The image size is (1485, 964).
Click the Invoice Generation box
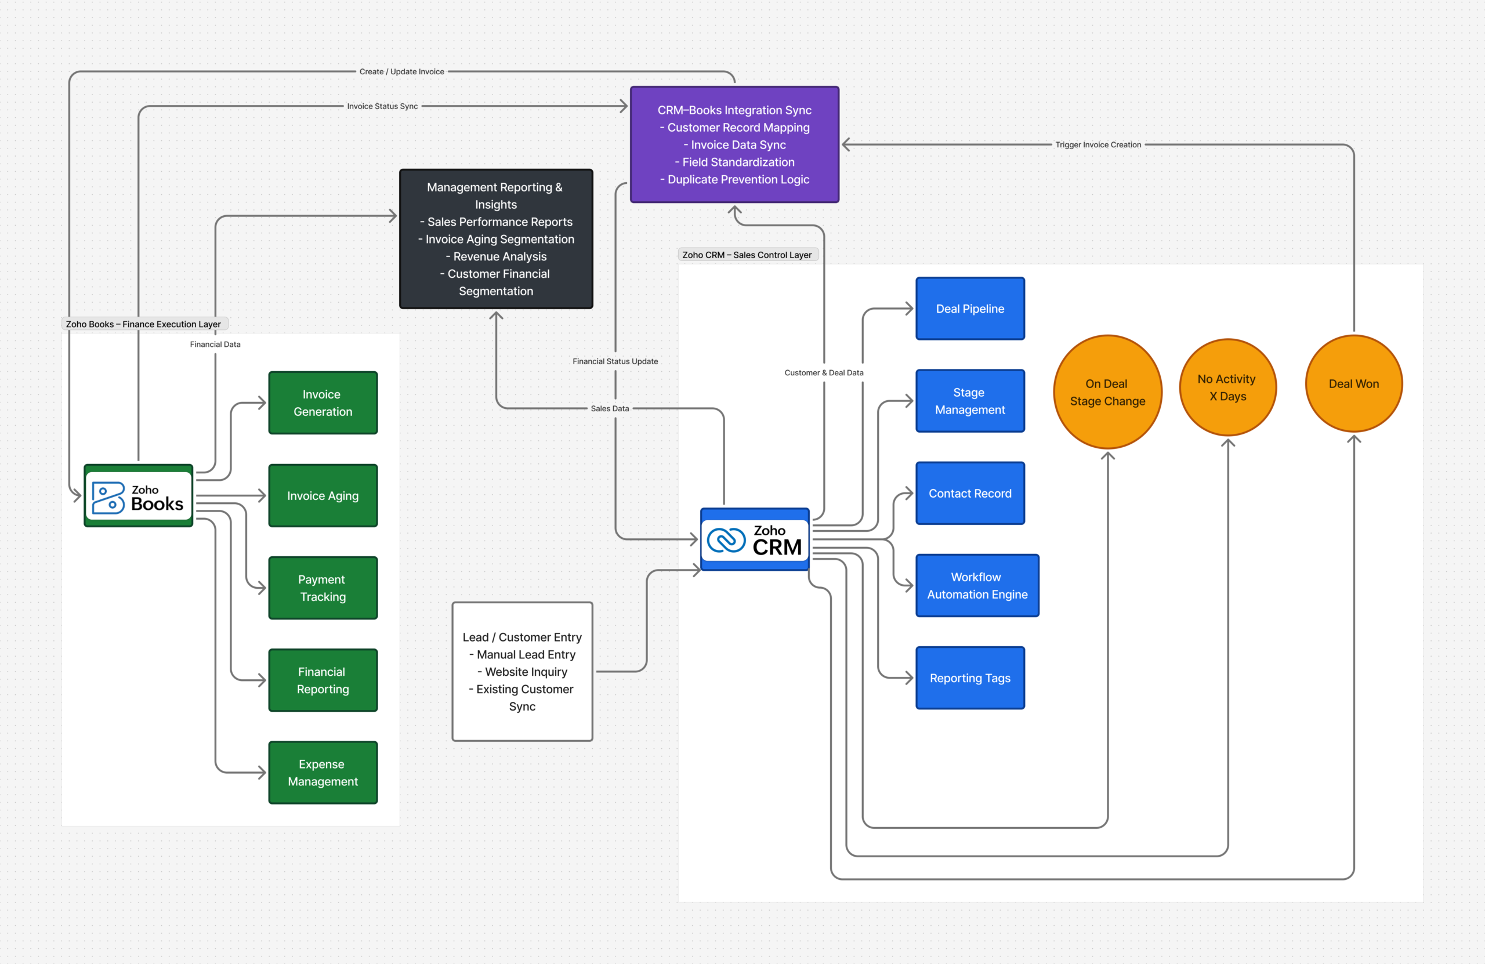click(x=323, y=403)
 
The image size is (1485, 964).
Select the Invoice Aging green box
click(x=323, y=495)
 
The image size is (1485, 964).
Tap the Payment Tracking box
click(x=323, y=588)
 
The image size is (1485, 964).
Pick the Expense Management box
click(x=323, y=773)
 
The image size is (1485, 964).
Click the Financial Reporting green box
click(x=323, y=680)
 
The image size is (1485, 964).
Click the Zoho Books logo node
click(x=138, y=496)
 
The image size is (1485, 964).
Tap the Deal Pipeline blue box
click(x=970, y=309)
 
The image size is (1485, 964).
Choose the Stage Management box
click(x=970, y=401)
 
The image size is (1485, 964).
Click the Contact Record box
click(x=970, y=493)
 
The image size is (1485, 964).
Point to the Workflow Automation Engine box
click(x=976, y=585)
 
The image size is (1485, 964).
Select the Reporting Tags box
click(x=970, y=677)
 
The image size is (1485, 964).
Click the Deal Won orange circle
click(x=1353, y=384)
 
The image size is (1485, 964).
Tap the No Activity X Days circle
click(x=1227, y=387)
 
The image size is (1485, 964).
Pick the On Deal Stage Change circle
click(x=1107, y=392)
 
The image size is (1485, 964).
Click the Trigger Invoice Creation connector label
click(x=1098, y=145)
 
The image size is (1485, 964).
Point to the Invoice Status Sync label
click(x=382, y=107)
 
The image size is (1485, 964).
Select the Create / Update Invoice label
click(x=401, y=72)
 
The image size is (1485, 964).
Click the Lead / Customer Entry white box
click(x=521, y=671)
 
